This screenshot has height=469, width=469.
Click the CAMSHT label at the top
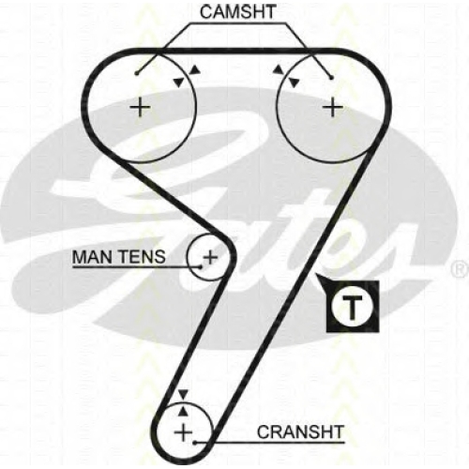(238, 12)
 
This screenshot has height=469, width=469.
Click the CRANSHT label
(300, 432)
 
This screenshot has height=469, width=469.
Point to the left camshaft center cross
(141, 107)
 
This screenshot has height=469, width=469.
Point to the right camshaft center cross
(333, 108)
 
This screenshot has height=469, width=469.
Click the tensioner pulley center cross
(210, 257)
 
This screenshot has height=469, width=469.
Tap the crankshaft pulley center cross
(184, 433)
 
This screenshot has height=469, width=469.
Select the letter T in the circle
(353, 307)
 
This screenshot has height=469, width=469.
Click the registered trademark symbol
(460, 270)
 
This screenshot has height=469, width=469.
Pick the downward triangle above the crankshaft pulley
(183, 394)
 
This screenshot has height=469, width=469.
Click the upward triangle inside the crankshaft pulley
(183, 412)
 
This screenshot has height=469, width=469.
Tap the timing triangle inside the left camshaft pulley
(179, 83)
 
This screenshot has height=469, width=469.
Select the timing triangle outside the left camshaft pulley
(195, 69)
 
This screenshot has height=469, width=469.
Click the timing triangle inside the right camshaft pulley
(295, 83)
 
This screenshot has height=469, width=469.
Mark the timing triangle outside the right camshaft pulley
(278, 69)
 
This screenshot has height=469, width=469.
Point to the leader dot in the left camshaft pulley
(136, 73)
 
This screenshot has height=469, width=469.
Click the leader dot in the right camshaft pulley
(332, 77)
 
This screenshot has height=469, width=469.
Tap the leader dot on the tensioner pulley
(201, 267)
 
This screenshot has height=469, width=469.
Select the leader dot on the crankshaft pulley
(194, 443)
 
